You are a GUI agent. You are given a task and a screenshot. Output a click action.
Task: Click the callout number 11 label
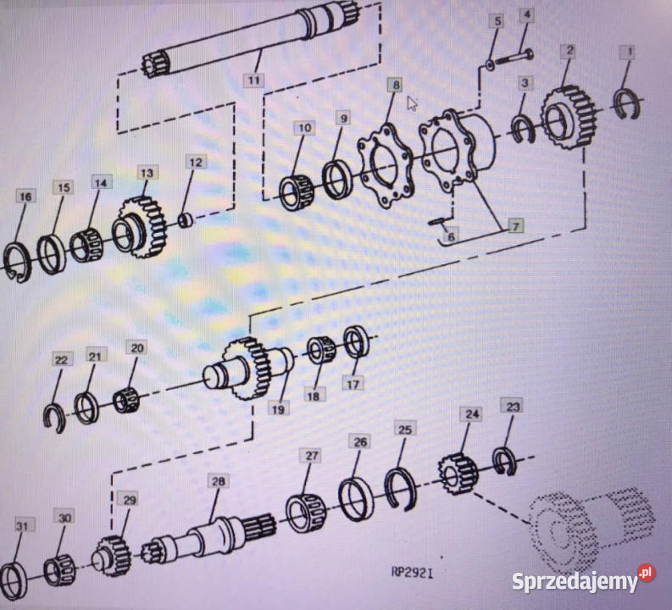point(253,80)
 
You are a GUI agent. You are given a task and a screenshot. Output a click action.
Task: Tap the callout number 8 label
point(395,85)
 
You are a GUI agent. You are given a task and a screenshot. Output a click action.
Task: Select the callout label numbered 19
point(278,409)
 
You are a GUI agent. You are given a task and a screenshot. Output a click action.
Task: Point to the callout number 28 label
point(218,481)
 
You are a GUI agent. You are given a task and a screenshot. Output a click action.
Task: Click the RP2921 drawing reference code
point(413,572)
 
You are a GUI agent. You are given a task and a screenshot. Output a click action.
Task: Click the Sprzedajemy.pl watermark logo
point(583,579)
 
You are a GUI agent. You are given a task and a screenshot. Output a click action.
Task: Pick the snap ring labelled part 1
point(627,104)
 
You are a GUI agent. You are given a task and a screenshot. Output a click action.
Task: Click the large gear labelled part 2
point(569,117)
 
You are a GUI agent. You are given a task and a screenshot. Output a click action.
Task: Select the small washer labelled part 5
point(490,64)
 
